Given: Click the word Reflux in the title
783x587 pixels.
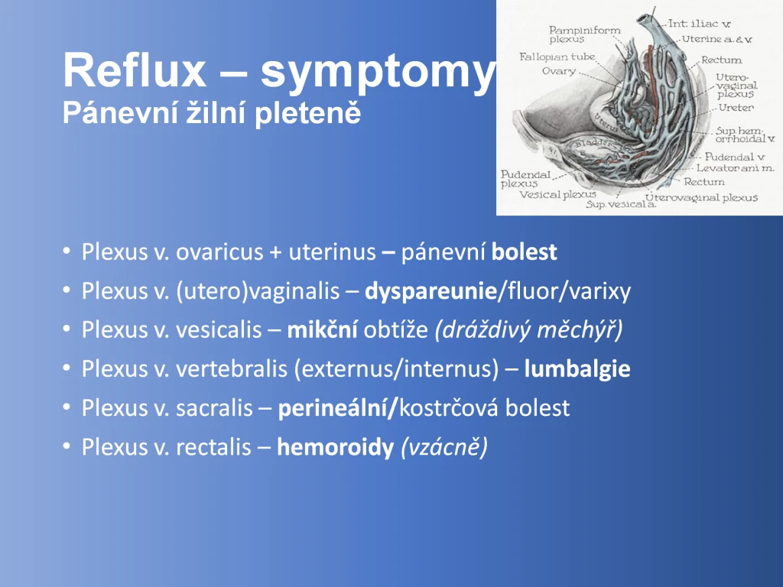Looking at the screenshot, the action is tap(135, 70).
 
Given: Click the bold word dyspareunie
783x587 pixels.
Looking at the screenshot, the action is tap(430, 291).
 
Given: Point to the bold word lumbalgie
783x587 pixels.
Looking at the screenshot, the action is tap(577, 369).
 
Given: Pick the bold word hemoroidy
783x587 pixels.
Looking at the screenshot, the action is tap(336, 447).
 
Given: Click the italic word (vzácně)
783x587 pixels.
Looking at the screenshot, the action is tap(444, 447).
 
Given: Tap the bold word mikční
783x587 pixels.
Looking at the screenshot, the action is tap(322, 330).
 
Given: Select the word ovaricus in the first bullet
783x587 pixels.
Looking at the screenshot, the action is tap(219, 252).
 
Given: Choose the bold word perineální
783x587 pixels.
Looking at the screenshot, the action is tap(337, 408).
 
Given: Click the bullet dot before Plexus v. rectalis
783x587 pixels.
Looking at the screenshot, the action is tap(67, 446).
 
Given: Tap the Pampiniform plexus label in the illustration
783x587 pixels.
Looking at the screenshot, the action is tap(585, 34).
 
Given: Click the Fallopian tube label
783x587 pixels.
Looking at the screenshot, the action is tap(557, 57).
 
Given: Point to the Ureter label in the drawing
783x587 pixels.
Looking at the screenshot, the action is tap(736, 107).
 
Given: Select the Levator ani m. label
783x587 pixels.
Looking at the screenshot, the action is tap(735, 168).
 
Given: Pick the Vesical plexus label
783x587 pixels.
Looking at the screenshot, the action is tap(557, 195).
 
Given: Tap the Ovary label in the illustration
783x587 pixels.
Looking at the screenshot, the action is tap(559, 71).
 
